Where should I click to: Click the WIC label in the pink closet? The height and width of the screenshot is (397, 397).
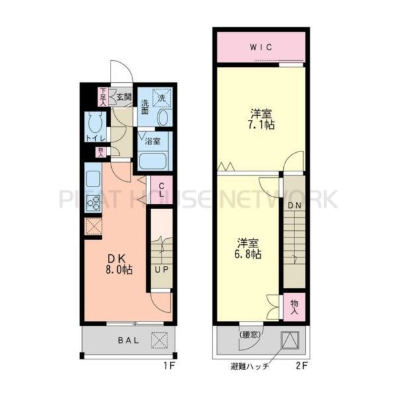pos(261,47)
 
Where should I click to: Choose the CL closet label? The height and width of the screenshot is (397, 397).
pos(161,185)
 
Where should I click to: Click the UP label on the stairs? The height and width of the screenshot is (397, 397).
pos(160,270)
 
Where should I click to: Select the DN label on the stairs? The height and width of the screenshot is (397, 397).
pos(294,206)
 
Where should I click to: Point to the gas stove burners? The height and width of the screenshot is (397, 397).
pos(93,201)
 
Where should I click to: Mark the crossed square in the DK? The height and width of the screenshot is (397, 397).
pos(93,226)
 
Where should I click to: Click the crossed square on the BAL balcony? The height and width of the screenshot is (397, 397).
pos(160,341)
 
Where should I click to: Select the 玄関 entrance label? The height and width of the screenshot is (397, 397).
pos(124,97)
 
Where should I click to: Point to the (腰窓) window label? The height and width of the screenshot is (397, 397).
pos(250,334)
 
